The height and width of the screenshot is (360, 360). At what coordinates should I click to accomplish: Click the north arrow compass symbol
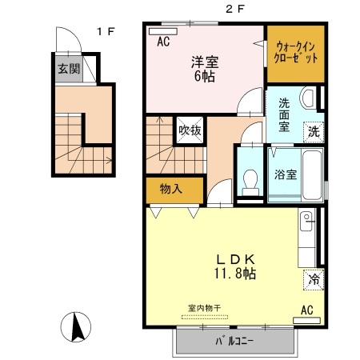[x=76, y=327]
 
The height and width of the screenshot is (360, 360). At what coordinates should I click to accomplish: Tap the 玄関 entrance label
[x=69, y=69]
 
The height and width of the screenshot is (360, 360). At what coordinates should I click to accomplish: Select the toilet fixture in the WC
[x=250, y=182]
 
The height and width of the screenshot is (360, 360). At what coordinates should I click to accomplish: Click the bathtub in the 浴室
[x=312, y=175]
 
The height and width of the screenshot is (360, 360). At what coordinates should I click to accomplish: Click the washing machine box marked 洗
[x=314, y=132]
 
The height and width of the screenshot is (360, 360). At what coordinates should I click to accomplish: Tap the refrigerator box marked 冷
[x=314, y=280]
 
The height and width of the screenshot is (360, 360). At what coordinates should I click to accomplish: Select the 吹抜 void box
[x=190, y=130]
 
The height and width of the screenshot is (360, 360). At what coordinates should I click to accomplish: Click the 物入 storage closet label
[x=171, y=189]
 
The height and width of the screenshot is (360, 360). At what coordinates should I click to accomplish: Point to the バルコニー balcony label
[x=234, y=341]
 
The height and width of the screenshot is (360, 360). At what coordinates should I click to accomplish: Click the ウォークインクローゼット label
[x=296, y=53]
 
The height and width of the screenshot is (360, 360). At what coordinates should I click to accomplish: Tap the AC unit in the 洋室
[x=163, y=31]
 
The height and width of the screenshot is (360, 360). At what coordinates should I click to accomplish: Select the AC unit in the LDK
[x=306, y=320]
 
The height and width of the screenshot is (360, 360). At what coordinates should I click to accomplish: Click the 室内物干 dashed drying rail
[x=205, y=317]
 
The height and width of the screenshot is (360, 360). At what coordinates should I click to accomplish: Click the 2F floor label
[x=235, y=10]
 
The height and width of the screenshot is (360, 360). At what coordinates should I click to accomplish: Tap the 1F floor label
[x=106, y=32]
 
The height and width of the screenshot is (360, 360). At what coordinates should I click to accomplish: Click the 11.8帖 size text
[x=235, y=274]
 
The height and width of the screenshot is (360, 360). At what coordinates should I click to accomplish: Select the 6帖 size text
[x=205, y=76]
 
